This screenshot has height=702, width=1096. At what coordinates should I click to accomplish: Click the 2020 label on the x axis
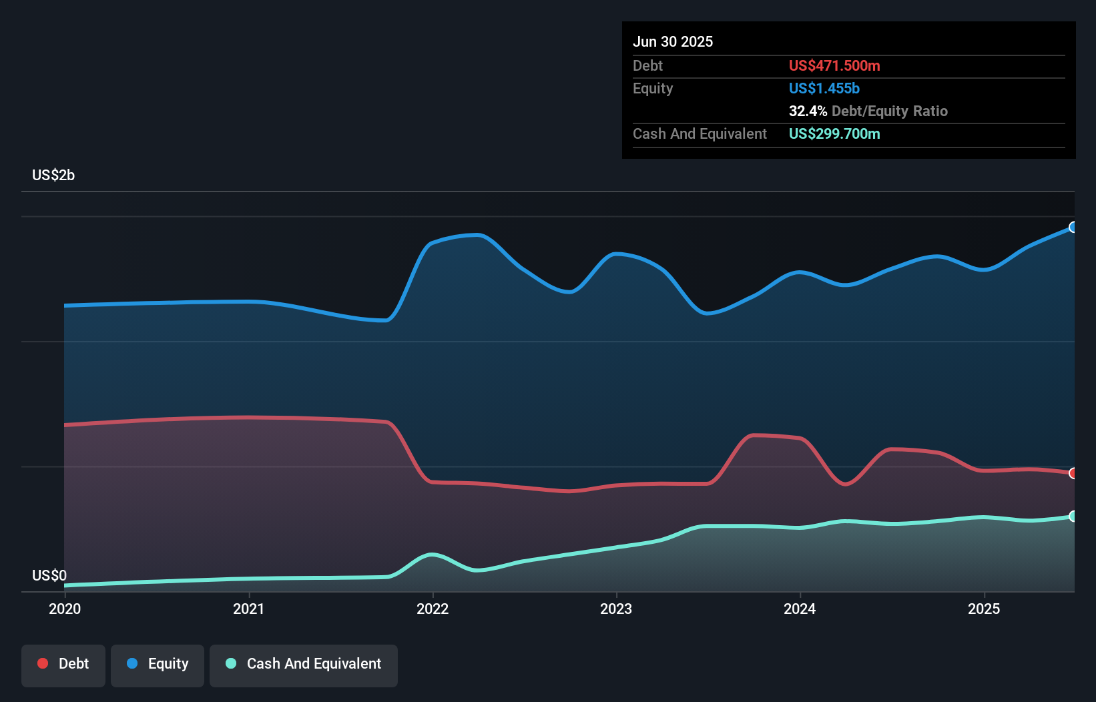(x=65, y=609)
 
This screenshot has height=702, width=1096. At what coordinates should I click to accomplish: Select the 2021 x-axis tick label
(x=248, y=609)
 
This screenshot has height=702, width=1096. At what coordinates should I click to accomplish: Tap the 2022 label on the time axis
(x=433, y=609)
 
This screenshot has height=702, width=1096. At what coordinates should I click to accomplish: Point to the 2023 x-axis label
(x=616, y=609)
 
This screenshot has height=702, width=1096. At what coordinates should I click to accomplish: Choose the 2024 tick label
(x=800, y=609)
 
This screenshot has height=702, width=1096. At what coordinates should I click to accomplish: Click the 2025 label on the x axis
(x=984, y=609)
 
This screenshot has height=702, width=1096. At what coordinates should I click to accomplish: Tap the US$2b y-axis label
(x=53, y=175)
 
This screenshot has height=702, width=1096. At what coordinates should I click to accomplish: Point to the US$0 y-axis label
(x=49, y=575)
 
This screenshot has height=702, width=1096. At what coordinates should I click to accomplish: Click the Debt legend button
(x=63, y=664)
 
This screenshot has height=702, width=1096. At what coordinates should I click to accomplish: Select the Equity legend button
(x=158, y=664)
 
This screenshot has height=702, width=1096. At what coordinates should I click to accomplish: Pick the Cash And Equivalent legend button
(x=304, y=664)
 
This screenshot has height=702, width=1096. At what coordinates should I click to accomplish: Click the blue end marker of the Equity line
(x=1073, y=227)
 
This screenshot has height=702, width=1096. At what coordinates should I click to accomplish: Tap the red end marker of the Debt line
(x=1073, y=473)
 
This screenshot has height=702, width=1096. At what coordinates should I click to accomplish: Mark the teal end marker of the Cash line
(x=1073, y=516)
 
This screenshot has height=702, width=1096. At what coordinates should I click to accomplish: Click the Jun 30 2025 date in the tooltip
(x=673, y=41)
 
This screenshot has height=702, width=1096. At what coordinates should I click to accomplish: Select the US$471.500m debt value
(x=834, y=65)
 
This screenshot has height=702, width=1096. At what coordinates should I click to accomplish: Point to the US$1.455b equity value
(x=824, y=88)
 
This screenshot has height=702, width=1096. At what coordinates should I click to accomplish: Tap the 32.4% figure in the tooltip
(x=808, y=111)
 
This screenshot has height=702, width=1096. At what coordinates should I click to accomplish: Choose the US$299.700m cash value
(x=834, y=133)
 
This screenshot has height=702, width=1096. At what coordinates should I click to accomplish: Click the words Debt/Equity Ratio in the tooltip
(x=890, y=111)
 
